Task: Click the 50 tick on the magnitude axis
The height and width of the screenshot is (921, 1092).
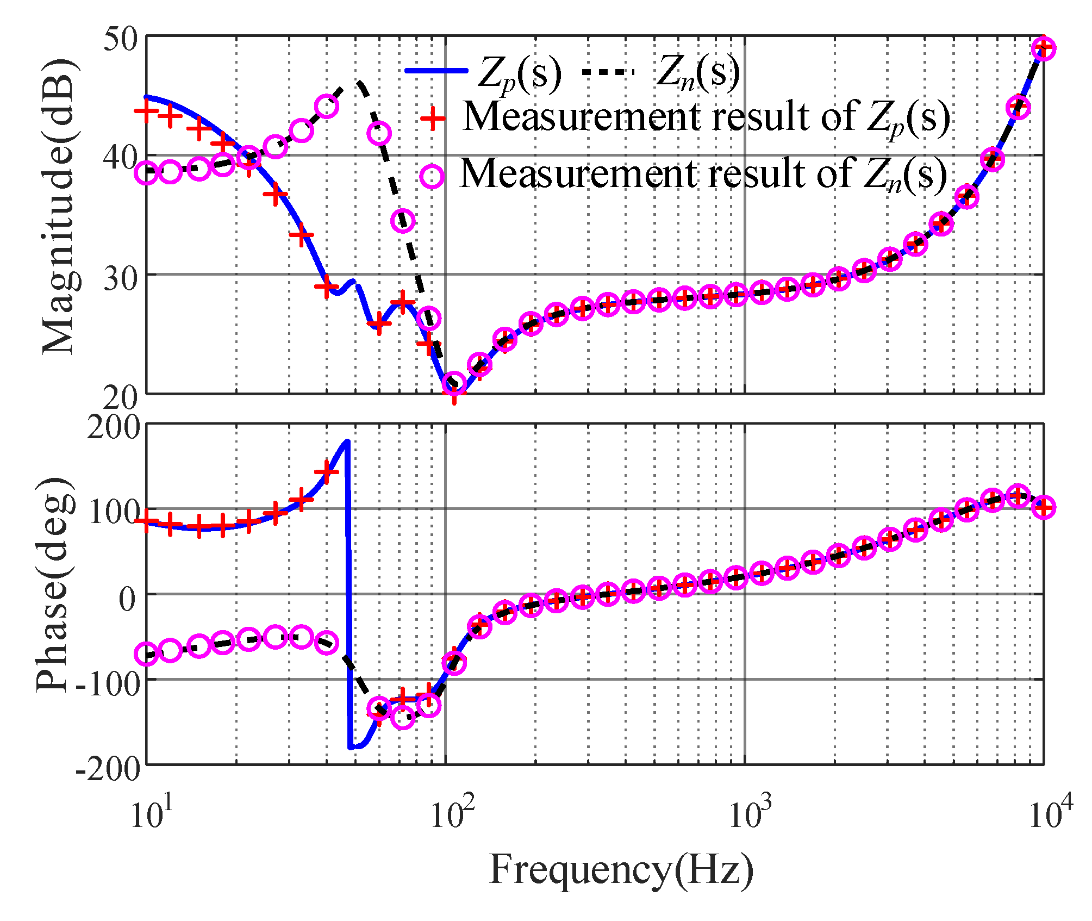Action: pos(121,40)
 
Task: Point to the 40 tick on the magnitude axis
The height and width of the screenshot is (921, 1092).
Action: pos(121,158)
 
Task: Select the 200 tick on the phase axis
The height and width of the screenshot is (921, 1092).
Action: pos(113,428)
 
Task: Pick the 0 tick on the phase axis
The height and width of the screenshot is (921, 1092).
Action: pos(128,599)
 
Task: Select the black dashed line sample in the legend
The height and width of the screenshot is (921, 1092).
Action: pos(608,71)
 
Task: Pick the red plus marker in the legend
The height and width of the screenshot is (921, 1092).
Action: pos(433,117)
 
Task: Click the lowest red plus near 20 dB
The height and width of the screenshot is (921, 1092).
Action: pos(454,394)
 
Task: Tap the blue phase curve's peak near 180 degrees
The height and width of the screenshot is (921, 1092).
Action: pos(347,441)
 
